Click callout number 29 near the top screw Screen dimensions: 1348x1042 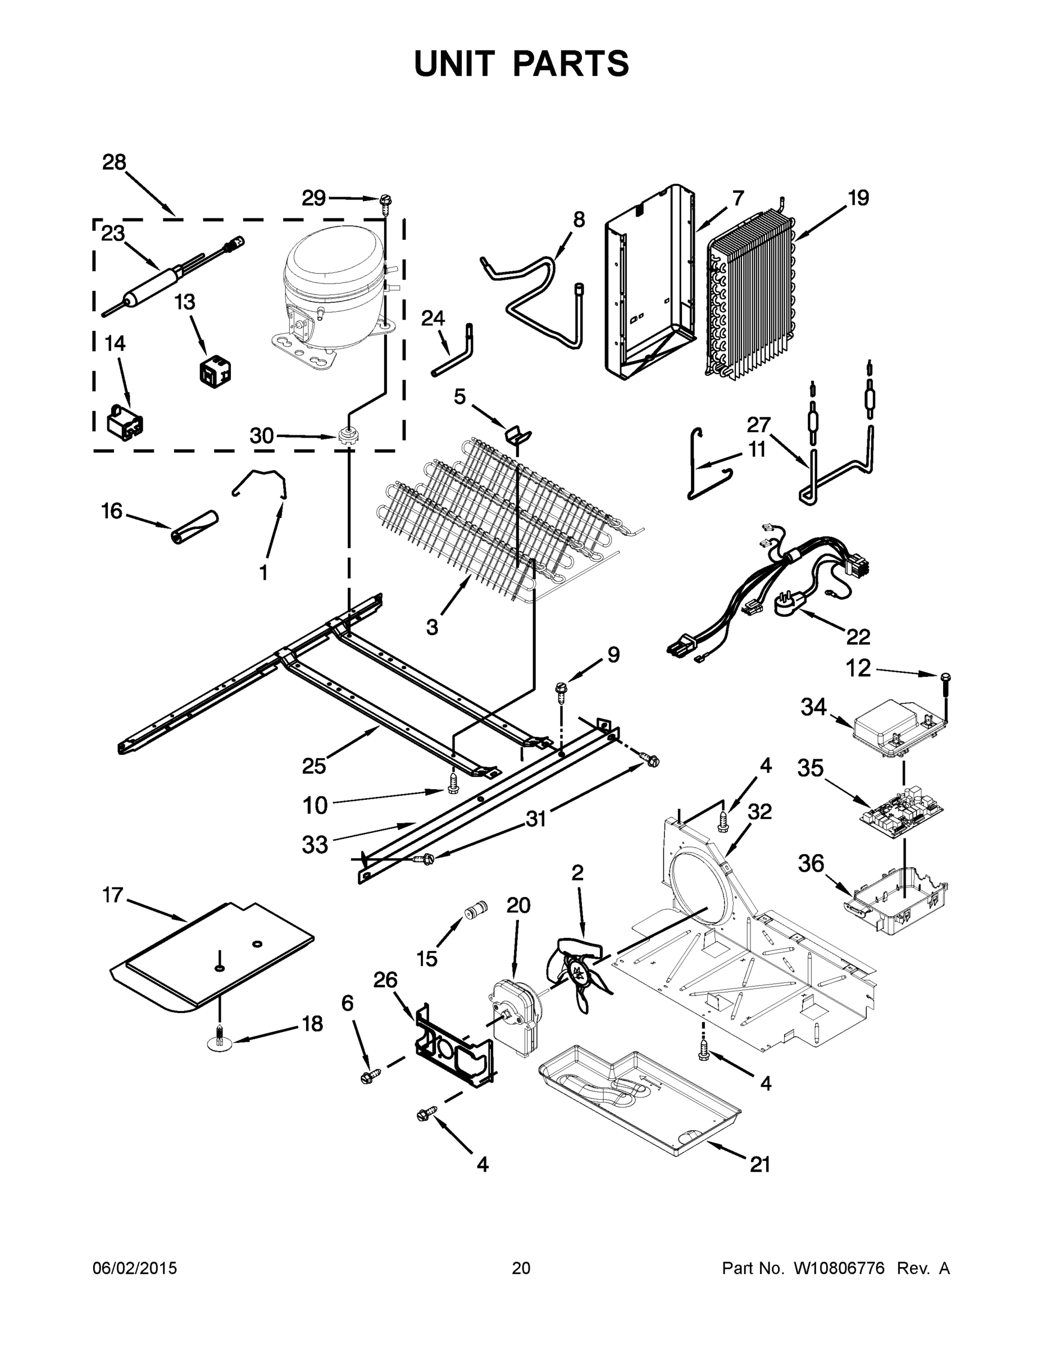[x=313, y=198]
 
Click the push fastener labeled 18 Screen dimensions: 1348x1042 [x=220, y=1040]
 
